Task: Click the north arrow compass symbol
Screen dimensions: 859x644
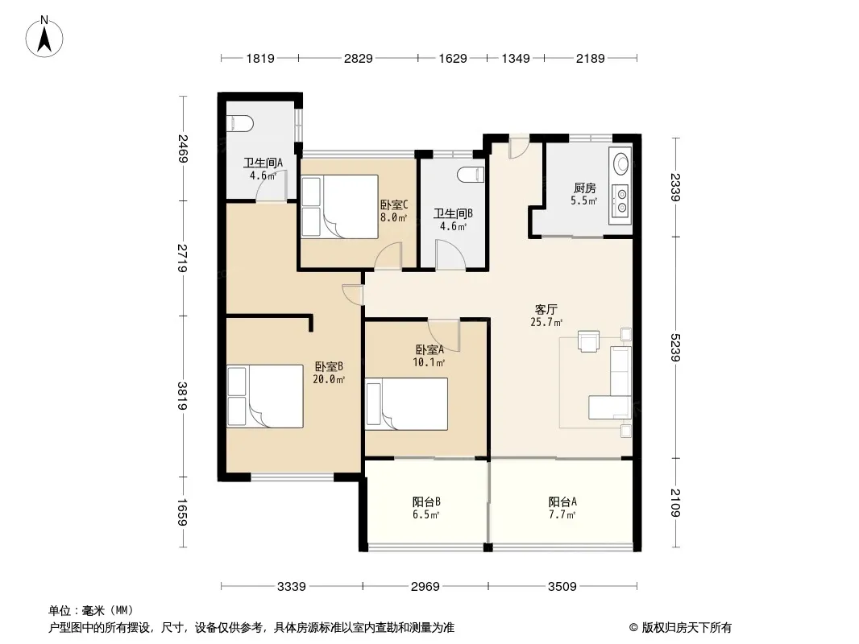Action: coord(44,37)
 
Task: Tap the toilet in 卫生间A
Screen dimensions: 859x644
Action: coord(239,124)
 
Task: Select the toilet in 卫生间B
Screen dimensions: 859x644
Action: coord(471,174)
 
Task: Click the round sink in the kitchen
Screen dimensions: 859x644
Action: coord(621,163)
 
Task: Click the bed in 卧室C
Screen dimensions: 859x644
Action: coord(340,206)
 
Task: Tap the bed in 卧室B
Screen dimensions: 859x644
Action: coord(265,396)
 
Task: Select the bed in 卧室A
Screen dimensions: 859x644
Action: coord(407,404)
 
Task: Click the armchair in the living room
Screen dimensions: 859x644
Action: coord(589,341)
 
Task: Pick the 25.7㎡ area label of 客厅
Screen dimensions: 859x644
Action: coord(546,322)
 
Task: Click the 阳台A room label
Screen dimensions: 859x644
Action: coord(562,502)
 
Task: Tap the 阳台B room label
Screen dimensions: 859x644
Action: coord(427,502)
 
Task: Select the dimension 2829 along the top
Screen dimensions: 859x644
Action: coord(359,58)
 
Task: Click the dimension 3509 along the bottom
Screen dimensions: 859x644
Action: coord(562,587)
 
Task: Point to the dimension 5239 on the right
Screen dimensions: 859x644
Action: coord(675,348)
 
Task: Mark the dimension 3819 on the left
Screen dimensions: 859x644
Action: coord(182,395)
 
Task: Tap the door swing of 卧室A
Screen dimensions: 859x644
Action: coord(444,335)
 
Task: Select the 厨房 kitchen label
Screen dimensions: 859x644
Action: coord(584,188)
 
